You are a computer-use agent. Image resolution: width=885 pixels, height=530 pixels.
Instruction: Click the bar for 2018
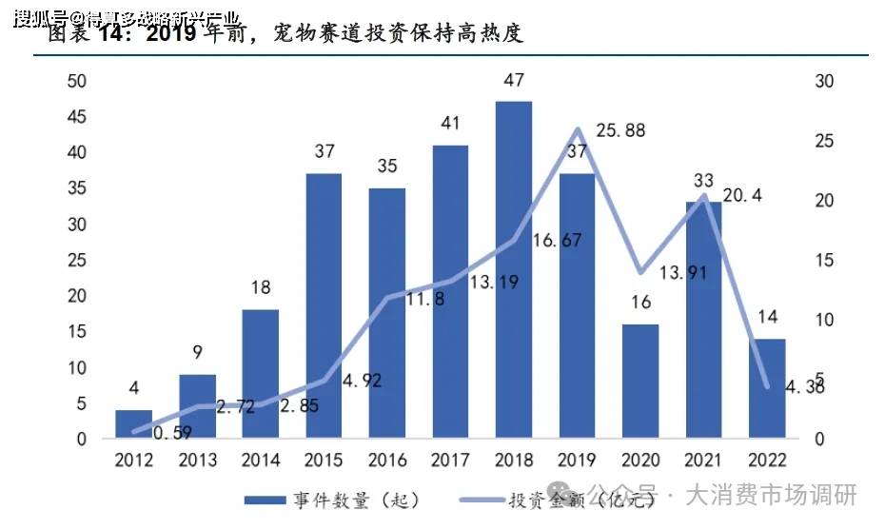point(514,270)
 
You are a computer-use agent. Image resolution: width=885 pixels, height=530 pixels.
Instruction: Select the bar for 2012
point(134,424)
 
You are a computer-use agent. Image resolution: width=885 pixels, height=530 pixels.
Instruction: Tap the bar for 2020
point(640,382)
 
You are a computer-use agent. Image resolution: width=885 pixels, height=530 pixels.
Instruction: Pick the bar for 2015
point(324,306)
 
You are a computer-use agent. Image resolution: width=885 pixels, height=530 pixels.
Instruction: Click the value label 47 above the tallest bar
point(514,81)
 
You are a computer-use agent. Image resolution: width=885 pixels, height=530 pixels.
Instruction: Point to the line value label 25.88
point(620,130)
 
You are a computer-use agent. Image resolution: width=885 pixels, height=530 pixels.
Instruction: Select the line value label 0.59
point(171,433)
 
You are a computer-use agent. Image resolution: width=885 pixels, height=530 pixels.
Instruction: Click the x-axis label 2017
point(450,461)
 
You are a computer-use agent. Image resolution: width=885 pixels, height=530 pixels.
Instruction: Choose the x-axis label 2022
point(767,461)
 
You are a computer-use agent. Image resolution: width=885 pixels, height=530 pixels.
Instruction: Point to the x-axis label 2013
point(197,461)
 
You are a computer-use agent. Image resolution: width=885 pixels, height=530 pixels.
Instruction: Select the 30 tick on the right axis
point(824,82)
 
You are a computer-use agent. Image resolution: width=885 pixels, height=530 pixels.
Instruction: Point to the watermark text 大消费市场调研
point(771,496)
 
